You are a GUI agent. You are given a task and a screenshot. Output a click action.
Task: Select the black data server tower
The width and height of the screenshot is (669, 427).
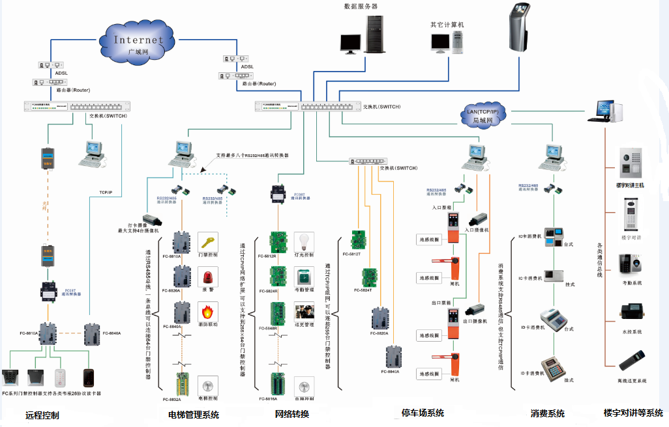point(374,36)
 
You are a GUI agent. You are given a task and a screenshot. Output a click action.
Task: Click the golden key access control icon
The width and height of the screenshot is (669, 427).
point(207,243)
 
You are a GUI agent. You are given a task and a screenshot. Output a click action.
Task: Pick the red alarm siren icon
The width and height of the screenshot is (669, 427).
point(207,277)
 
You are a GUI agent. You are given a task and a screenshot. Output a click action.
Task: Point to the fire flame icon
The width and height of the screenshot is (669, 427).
point(207,310)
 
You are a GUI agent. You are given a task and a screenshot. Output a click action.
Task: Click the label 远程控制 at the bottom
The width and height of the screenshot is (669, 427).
point(42,415)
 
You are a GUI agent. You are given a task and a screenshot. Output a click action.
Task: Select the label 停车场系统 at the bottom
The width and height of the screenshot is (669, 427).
point(423,413)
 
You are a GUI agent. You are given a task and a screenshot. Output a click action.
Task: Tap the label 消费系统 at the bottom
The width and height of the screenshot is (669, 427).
point(548,413)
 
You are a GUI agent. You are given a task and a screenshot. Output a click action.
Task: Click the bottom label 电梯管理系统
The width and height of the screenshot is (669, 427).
point(194,415)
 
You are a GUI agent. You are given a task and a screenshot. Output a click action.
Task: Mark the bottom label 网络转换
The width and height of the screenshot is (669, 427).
point(291,414)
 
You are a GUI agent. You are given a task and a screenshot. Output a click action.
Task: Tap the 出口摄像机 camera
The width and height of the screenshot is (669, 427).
point(475,310)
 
